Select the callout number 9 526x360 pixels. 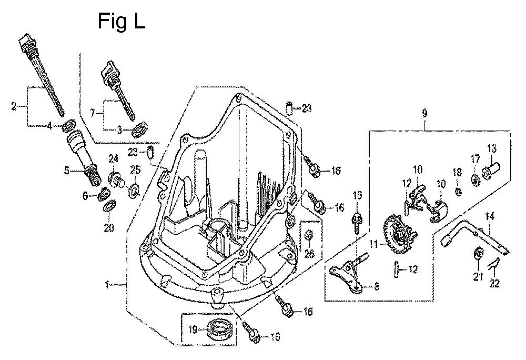[424, 112]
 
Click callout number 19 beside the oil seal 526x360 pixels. [193, 330]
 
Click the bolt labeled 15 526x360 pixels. [357, 216]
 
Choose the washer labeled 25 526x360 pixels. [134, 188]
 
